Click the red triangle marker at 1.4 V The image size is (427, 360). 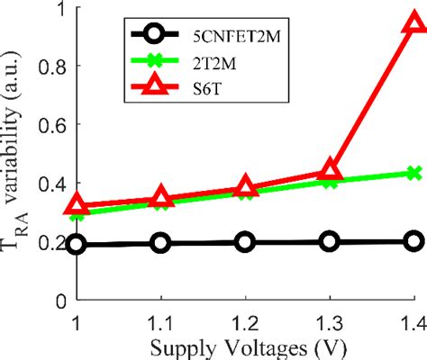pos(413,22)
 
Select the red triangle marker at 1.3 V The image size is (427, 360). pos(330,170)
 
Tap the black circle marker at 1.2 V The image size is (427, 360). pos(245,241)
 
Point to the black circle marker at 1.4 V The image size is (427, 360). pos(413,240)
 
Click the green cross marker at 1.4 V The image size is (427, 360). pos(413,173)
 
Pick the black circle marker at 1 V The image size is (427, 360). pos(77,244)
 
